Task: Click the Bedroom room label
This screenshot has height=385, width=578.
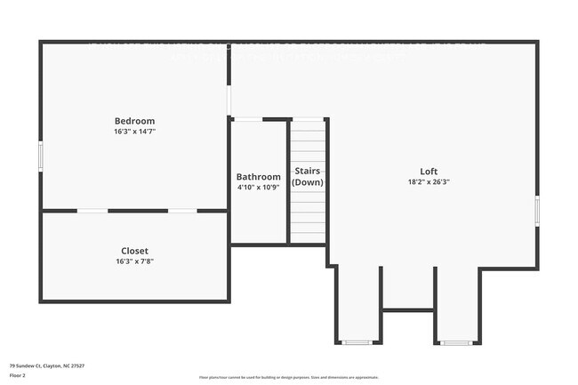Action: pos(134,121)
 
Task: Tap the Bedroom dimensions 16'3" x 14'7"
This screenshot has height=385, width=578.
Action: pos(134,132)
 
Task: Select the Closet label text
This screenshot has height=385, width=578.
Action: pos(134,251)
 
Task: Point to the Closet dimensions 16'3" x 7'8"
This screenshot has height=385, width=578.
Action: pos(134,261)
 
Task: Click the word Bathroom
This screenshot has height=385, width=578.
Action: pos(258,177)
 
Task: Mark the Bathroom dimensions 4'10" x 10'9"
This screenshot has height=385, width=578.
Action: pos(258,188)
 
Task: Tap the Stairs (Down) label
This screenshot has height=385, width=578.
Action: pos(308,176)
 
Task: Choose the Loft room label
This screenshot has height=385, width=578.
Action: pos(429,172)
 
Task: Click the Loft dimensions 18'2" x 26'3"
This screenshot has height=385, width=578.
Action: pos(429,182)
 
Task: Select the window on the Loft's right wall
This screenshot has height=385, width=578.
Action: pos(537,212)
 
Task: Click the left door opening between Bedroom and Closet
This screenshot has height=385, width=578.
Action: pos(92,211)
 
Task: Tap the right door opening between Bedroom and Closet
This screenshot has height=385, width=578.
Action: pos(182,211)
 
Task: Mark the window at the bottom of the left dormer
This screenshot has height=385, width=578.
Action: pos(357,342)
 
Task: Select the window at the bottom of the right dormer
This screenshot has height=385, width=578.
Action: pos(457,342)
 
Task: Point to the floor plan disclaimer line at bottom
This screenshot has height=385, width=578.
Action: pos(288,377)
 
